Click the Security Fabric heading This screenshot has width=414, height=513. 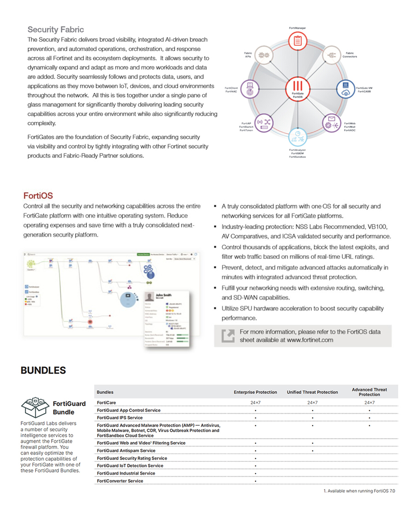tap(56, 29)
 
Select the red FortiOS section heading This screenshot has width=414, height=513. tap(38, 196)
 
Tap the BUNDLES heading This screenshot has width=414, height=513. tap(43, 370)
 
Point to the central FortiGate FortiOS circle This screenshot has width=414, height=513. tap(298, 88)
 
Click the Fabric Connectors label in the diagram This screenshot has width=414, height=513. tap(350, 55)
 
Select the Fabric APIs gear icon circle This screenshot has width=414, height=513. tap(264, 54)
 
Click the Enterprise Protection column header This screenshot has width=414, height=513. tap(255, 392)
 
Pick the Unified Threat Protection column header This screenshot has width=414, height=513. tap(312, 392)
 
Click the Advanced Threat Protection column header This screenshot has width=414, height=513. tap(369, 392)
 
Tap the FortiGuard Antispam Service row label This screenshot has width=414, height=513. tap(126, 450)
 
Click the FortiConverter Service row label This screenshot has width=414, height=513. tap(120, 481)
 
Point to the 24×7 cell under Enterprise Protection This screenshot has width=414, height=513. tap(255, 403)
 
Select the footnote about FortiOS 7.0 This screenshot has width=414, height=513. tap(359, 491)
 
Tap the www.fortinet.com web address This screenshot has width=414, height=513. tap(310, 340)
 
